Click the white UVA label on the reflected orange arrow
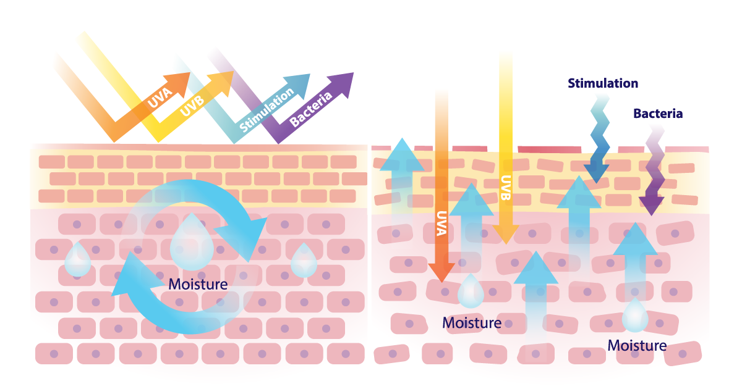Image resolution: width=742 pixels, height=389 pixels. tap(160, 98)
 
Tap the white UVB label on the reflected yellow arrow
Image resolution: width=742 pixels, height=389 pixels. tap(192, 106)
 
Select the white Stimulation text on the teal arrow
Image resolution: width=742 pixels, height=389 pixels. tap(267, 109)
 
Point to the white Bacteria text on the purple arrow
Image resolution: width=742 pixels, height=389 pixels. tap(310, 109)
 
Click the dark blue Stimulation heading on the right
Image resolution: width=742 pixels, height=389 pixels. tap(603, 83)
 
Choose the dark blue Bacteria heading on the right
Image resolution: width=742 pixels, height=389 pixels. tap(658, 114)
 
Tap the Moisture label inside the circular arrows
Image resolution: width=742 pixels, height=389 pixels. tap(198, 285)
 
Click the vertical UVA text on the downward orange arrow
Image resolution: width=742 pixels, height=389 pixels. tap(441, 224)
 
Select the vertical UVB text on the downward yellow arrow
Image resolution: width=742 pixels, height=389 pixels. tap(506, 188)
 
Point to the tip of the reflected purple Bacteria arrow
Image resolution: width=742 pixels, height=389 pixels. tap(354, 73)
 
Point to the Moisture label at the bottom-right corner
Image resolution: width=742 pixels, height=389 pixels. tap(637, 346)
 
